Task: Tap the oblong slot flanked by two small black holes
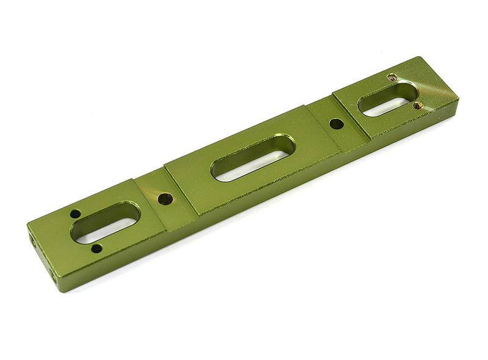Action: coord(105,222)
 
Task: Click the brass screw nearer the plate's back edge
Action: coord(393,77)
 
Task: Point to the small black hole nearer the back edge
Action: coord(75,214)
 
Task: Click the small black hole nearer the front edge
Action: coord(96,248)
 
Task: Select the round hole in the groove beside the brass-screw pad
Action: coord(335,124)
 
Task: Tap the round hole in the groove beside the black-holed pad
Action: coord(164,198)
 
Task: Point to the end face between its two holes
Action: coord(43,259)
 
